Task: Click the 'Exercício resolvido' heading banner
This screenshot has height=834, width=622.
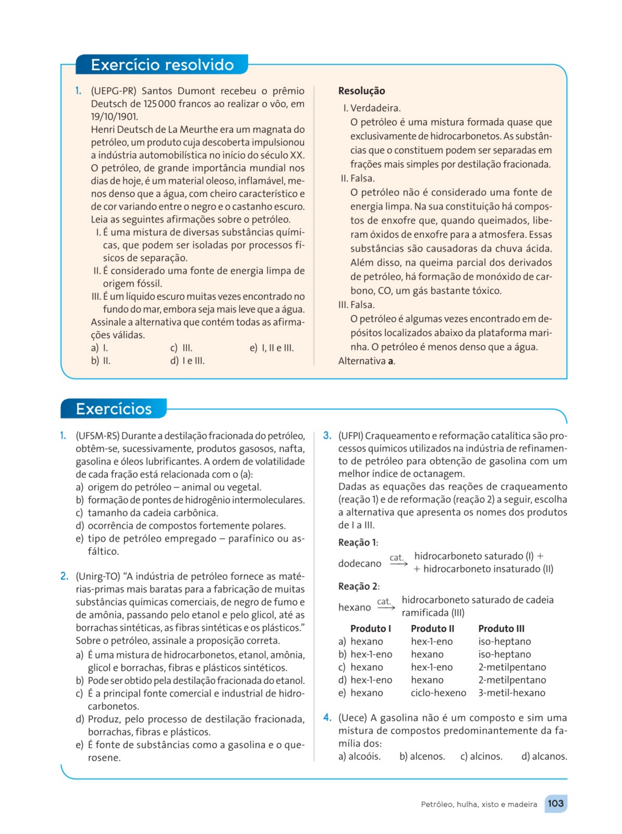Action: [x=162, y=65]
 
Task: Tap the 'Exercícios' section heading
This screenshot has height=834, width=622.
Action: [x=113, y=409]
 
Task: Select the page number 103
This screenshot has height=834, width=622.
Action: [x=555, y=804]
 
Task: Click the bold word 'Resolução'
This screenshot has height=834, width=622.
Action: [x=362, y=91]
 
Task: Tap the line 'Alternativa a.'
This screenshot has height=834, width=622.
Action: [x=366, y=361]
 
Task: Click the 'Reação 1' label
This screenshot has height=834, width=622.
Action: [x=358, y=542]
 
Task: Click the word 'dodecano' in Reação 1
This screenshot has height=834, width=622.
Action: [x=359, y=563]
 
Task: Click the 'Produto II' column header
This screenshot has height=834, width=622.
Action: [x=432, y=629]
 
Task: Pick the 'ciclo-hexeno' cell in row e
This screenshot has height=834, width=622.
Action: [x=438, y=693]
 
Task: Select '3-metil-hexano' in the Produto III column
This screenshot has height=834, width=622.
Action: [x=512, y=693]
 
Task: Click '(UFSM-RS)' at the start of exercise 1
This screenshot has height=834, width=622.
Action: [x=97, y=436]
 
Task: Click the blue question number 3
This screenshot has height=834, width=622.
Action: [x=327, y=436]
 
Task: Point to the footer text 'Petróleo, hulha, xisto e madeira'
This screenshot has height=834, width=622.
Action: [x=479, y=804]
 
